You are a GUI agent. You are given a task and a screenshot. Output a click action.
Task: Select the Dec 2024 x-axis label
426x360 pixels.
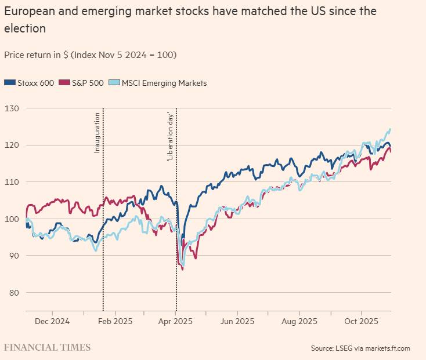point(52,321)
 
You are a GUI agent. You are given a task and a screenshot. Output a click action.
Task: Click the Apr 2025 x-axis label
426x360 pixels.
point(176,321)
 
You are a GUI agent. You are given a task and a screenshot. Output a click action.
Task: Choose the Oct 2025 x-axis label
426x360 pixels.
point(361,321)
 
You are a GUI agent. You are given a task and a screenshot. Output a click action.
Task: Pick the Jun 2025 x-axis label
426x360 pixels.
point(237,321)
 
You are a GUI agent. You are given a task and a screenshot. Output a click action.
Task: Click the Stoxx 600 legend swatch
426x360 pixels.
point(9,83)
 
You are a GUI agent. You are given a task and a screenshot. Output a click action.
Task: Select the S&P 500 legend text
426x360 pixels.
point(88,83)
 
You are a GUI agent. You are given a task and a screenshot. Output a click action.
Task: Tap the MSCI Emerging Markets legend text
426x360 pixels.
point(164,83)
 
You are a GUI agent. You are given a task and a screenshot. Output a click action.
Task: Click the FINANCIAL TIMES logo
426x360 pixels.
point(48,348)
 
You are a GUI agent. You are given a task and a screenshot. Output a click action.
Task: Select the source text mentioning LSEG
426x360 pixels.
point(360,348)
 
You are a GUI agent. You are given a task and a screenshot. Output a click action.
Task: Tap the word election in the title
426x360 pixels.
point(25,27)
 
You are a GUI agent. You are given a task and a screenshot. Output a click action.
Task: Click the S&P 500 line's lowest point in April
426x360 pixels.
point(183,270)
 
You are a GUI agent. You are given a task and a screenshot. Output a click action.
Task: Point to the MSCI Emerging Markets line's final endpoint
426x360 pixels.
point(390,129)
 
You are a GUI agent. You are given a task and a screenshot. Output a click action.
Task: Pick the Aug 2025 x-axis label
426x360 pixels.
point(299,321)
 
